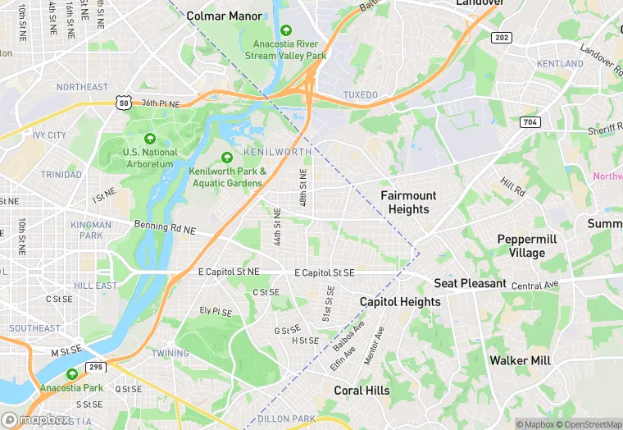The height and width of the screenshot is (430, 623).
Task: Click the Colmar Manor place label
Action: tap(225, 16)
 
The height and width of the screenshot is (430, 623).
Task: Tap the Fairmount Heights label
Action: tap(408, 202)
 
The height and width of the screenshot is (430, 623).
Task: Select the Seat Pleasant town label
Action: tap(470, 283)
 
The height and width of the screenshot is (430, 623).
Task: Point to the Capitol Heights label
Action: tap(400, 302)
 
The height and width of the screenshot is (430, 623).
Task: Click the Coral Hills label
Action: tap(362, 391)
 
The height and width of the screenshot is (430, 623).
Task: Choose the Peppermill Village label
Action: tap(526, 245)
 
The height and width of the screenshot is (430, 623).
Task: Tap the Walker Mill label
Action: tap(519, 360)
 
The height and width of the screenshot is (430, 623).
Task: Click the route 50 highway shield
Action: tap(124, 103)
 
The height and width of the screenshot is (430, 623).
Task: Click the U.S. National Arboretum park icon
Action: tap(149, 139)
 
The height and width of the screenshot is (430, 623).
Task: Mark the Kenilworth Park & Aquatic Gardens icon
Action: tap(228, 158)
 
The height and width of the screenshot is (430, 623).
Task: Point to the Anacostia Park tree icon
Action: tap(72, 374)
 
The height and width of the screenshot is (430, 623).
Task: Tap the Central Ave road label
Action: tap(534, 285)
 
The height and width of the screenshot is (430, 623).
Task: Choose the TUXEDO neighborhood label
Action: tap(360, 95)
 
